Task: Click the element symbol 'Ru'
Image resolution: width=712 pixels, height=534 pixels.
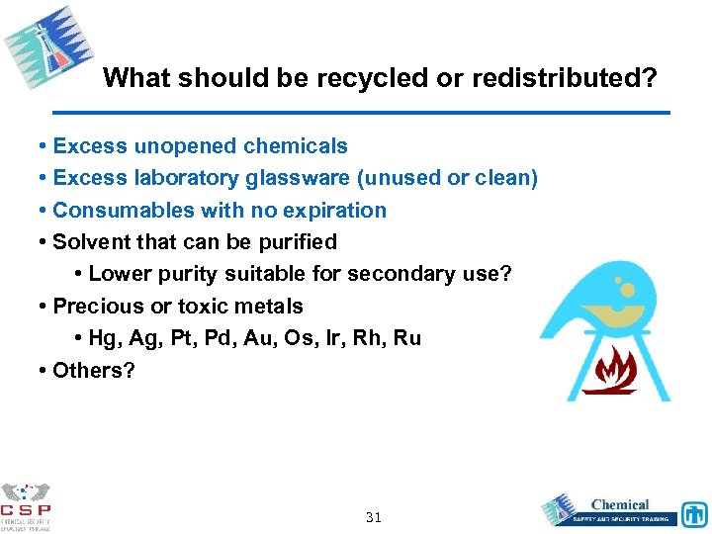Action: [406, 338]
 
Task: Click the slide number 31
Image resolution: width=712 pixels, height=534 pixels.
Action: [374, 517]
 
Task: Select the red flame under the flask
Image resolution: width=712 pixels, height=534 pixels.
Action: [609, 370]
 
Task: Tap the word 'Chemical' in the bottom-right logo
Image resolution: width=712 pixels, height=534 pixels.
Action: [620, 504]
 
